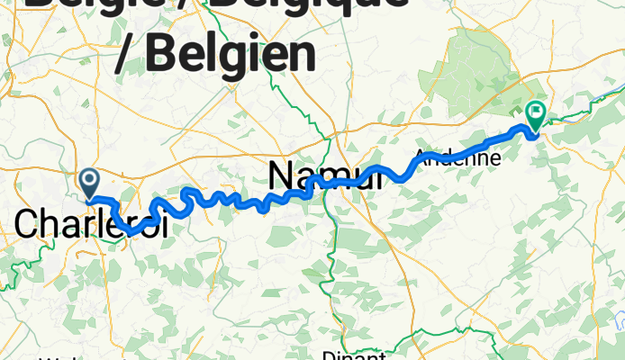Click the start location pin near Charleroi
coord(90,183)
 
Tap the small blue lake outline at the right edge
coord(619,319)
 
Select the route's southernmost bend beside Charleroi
coord(131,232)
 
